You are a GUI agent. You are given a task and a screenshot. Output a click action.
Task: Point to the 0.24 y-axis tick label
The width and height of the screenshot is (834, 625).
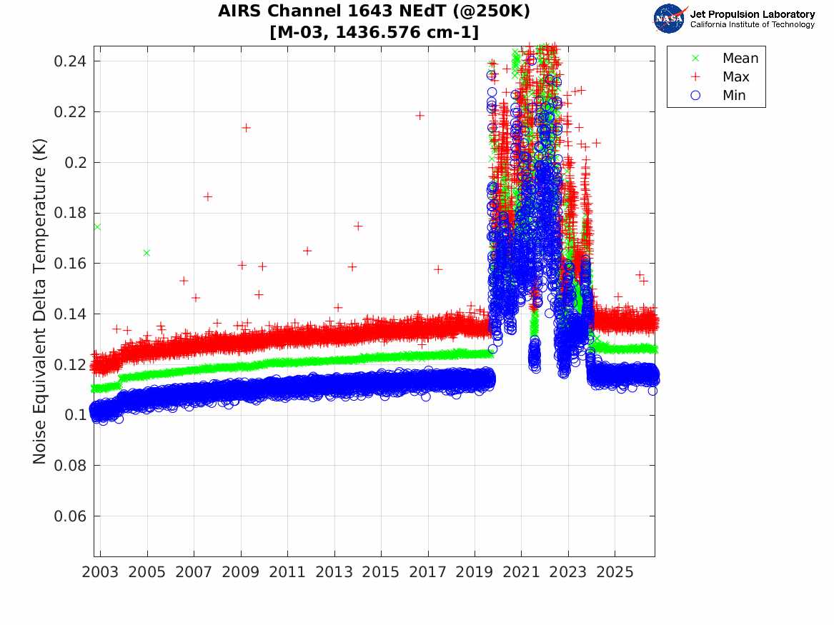tap(69, 61)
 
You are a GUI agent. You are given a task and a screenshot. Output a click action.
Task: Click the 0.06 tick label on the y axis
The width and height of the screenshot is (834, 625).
tap(69, 516)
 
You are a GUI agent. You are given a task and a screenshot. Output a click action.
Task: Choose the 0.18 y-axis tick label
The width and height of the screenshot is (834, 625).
tap(69, 213)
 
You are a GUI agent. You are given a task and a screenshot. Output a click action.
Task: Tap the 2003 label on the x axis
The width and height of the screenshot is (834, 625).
tap(100, 572)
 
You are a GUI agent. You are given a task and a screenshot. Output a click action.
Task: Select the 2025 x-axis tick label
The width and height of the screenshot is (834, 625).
tap(615, 572)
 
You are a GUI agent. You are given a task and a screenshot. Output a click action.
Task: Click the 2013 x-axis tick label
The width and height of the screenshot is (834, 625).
tap(334, 572)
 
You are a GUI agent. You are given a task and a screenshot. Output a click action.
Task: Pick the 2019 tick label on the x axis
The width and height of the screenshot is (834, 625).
tap(475, 572)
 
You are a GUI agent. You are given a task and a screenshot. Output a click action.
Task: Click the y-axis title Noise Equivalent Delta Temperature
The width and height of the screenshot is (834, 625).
tap(40, 301)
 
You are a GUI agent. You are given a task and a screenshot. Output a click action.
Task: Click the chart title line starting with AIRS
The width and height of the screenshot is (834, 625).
tap(374, 11)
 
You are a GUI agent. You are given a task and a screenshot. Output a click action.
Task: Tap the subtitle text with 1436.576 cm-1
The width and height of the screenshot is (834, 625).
tap(374, 32)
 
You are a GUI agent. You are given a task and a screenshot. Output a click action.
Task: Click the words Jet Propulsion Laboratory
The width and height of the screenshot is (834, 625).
tap(752, 14)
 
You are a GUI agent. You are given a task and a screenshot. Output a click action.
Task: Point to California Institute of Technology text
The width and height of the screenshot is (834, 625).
tap(752, 24)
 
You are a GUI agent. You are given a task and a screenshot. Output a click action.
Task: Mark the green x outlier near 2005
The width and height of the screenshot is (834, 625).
tap(147, 253)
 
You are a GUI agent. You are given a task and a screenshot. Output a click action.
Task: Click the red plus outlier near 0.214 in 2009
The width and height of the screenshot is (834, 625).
tap(246, 128)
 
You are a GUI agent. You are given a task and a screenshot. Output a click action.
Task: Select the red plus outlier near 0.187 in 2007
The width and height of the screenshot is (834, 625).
tap(207, 196)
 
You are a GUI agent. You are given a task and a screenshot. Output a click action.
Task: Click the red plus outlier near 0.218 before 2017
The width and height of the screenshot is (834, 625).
tap(420, 116)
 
